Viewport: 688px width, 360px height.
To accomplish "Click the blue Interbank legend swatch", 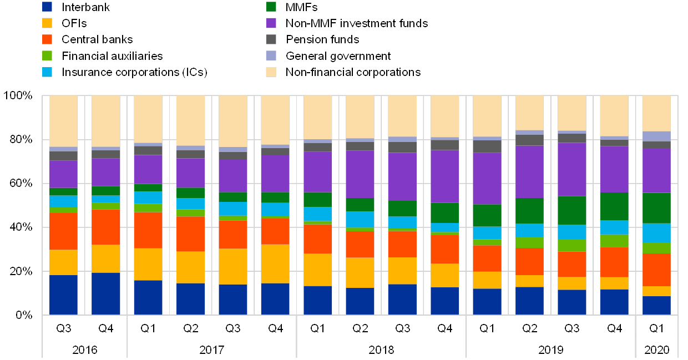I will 47,7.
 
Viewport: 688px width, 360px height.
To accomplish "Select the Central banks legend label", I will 97,40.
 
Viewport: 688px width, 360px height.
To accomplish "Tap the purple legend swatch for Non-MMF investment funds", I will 271,23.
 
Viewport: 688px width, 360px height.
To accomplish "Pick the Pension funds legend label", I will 322,40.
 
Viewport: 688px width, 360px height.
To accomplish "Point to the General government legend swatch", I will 271,56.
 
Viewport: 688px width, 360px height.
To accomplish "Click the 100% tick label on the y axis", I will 19,96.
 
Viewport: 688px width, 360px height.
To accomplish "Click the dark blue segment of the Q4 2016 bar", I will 105,293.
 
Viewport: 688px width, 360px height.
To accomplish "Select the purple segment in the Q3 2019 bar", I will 571,170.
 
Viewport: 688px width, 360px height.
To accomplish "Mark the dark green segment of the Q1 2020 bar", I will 656,208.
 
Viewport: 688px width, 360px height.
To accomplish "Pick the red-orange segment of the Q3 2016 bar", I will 63,231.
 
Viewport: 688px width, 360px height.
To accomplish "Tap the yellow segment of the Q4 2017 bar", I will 275,264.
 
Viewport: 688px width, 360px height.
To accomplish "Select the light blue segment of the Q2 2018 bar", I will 360,220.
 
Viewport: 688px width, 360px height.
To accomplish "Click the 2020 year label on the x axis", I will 657,350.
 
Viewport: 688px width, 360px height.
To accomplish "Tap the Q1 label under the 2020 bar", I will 657,328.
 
